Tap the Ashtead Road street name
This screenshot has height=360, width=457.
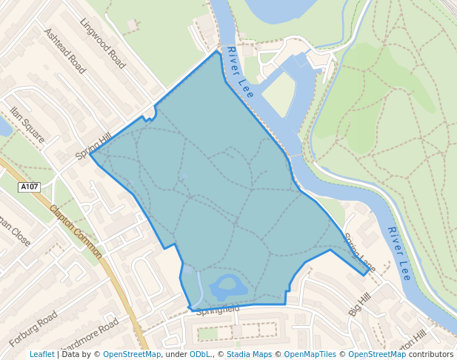pos(65,51)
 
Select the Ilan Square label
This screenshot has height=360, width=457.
pos(27,124)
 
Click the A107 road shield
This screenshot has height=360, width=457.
pos(30,187)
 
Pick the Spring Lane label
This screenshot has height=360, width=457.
pos(359,256)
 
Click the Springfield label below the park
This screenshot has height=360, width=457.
pos(218,308)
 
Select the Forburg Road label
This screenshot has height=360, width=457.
pos(33,330)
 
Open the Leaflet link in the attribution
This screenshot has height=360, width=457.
pos(42,354)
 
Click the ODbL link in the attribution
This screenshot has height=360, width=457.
pos(200,354)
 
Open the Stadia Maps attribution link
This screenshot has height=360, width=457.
pos(249,354)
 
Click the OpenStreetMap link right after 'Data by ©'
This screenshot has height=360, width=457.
pos(132,354)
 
